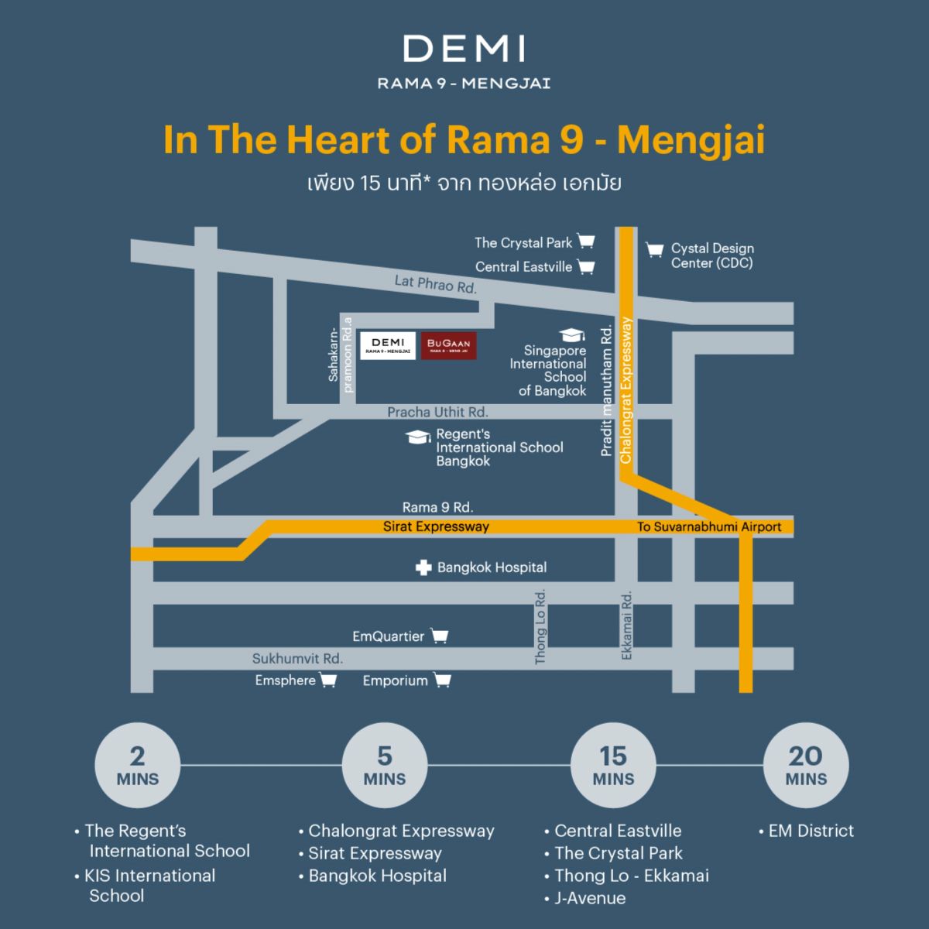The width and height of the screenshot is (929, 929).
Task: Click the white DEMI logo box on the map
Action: pyautogui.click(x=388, y=346)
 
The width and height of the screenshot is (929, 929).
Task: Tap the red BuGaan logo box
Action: pyautogui.click(x=448, y=346)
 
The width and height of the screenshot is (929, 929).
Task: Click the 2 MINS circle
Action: pyautogui.click(x=138, y=766)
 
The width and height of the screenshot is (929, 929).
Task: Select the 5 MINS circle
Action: pyautogui.click(x=385, y=766)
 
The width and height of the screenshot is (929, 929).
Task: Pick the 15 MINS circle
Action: pyautogui.click(x=613, y=766)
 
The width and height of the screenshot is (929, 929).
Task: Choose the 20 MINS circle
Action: pyautogui.click(x=806, y=766)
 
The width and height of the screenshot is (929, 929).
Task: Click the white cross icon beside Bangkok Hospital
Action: pyautogui.click(x=423, y=567)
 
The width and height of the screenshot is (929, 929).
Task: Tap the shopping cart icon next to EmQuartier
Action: pyautogui.click(x=440, y=636)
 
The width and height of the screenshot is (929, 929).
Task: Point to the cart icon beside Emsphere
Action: pyautogui.click(x=328, y=680)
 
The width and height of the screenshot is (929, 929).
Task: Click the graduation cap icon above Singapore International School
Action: pyautogui.click(x=572, y=334)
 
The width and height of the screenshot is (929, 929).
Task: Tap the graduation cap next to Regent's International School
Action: pyautogui.click(x=418, y=437)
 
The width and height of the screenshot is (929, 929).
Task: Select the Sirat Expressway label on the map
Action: pyautogui.click(x=436, y=526)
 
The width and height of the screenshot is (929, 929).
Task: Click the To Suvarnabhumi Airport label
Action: pyautogui.click(x=709, y=526)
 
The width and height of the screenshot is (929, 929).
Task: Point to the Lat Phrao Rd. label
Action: pyautogui.click(x=435, y=284)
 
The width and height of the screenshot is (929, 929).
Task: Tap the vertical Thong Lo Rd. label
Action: pyautogui.click(x=540, y=626)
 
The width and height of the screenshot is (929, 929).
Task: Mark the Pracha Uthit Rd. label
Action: pyautogui.click(x=437, y=412)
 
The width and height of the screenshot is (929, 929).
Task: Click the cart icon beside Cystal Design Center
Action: pyautogui.click(x=654, y=249)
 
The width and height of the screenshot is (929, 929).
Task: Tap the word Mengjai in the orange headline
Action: pyautogui.click(x=691, y=140)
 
